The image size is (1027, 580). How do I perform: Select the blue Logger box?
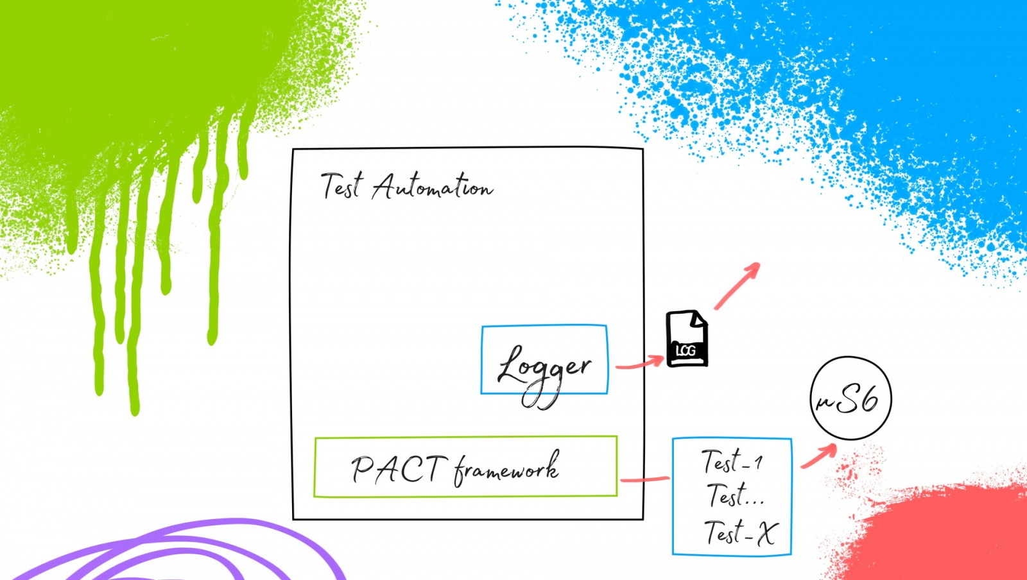click(544, 360)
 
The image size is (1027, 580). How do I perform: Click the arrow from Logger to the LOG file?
click(639, 363)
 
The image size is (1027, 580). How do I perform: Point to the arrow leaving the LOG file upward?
click(738, 286)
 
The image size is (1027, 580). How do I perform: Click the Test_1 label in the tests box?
click(732, 461)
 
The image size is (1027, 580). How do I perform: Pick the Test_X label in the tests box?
click(741, 533)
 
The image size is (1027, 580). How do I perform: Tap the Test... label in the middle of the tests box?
click(735, 496)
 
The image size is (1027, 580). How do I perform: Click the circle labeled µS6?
click(850, 398)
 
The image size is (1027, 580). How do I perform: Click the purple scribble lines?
click(193, 552)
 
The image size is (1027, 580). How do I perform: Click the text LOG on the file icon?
click(686, 350)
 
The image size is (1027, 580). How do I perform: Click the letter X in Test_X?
click(766, 533)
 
